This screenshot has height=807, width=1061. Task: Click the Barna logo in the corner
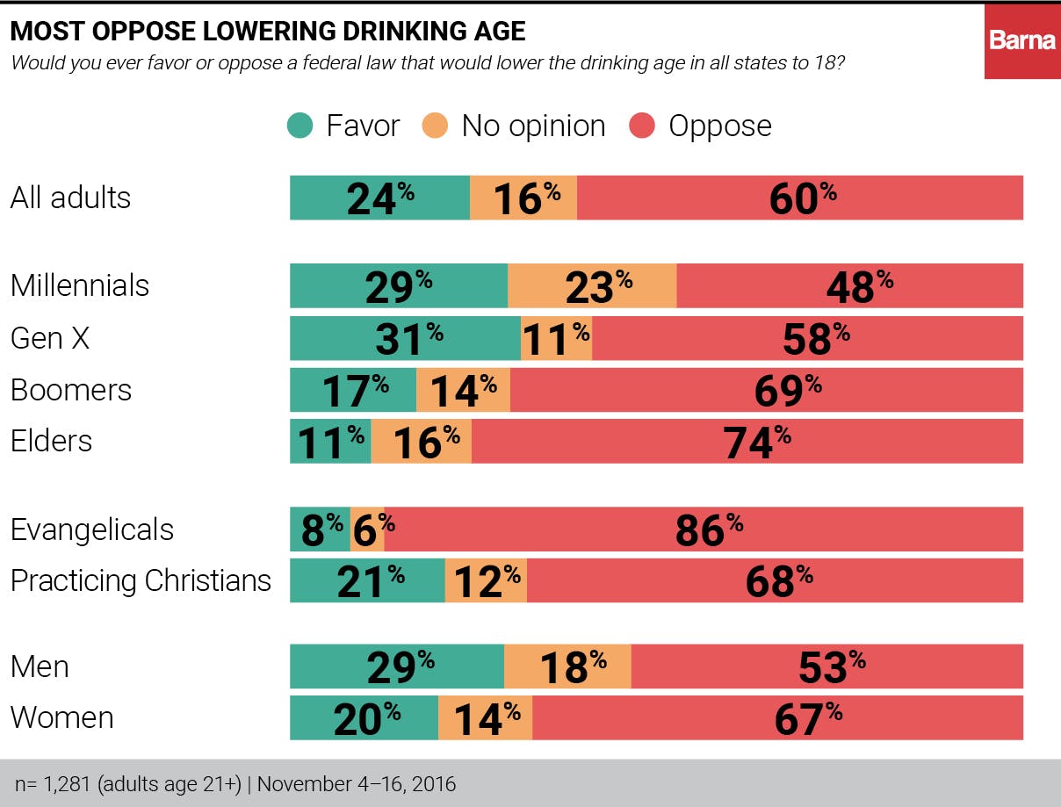coord(1021,40)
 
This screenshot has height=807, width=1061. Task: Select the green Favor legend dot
coord(300,126)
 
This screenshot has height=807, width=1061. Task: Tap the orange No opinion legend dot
coord(438,126)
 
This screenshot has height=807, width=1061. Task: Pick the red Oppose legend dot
coord(643,126)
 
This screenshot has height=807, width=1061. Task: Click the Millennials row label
coord(80,286)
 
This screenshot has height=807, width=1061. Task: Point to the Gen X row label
coord(50,338)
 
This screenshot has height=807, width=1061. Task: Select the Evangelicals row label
coord(92,530)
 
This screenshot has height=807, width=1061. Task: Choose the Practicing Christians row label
coord(141,581)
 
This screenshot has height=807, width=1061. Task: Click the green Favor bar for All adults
coord(379,198)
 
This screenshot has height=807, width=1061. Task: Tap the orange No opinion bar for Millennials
coord(592,286)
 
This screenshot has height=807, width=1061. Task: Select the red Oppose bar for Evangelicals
coord(704,530)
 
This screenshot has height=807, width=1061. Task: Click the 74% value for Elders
coord(752,442)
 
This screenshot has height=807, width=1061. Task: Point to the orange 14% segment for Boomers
coord(463,390)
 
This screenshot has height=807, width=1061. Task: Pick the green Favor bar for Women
coord(364,718)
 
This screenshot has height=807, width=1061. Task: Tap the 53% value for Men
coord(826,667)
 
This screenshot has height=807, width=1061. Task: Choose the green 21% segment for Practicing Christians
coord(367,581)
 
